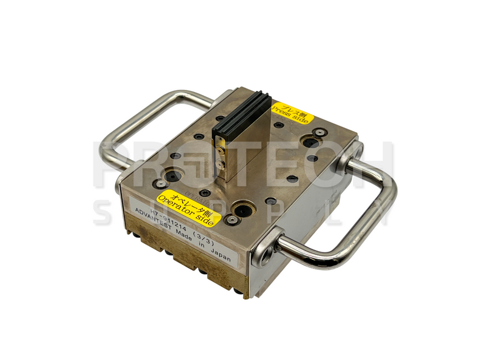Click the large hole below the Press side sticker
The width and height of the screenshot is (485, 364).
311,142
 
